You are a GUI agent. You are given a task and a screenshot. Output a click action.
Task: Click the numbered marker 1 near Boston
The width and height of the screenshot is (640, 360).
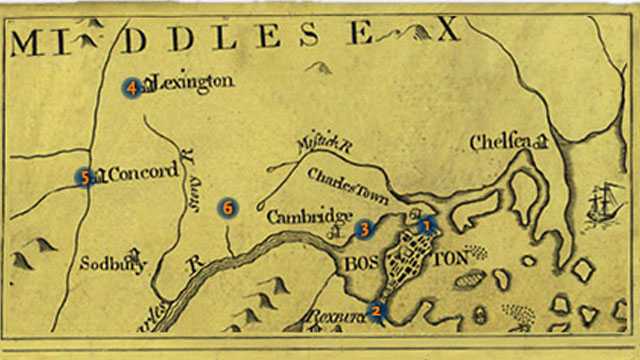(x=427, y=225)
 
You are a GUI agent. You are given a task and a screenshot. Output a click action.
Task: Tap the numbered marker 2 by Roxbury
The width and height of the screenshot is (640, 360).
(x=376, y=310)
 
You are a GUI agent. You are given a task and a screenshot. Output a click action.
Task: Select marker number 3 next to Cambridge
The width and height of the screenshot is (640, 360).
(x=365, y=229)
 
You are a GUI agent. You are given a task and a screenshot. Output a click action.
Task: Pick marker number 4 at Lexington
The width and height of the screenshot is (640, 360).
(x=131, y=88)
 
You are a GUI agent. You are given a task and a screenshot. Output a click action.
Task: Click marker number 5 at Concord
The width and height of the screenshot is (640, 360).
(x=86, y=177)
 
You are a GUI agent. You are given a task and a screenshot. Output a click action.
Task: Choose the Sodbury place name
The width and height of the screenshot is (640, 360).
(x=114, y=265)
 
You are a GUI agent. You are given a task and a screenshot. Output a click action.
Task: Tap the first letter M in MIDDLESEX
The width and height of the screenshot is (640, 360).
(x=33, y=43)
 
